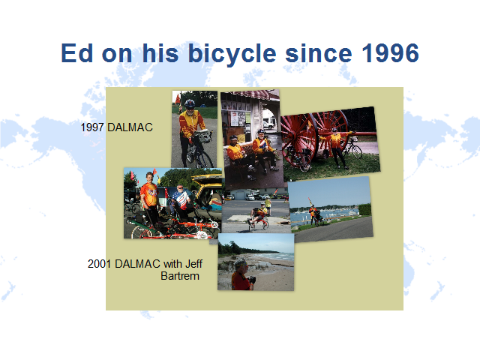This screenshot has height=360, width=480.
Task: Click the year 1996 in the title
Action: coord(390,53)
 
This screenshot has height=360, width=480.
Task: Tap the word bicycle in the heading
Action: coord(232,54)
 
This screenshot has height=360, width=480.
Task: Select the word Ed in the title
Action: coord(76,53)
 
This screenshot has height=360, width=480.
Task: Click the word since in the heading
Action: coord(319,53)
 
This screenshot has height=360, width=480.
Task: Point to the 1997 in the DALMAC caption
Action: coord(92,127)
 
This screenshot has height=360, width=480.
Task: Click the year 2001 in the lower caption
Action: coord(99,263)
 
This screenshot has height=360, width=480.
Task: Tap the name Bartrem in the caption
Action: coord(180,276)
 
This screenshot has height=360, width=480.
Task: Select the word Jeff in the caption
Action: coord(193,263)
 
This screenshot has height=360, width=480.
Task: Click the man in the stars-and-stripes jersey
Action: coord(181,202)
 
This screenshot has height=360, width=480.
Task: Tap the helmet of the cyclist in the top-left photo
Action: coord(190,103)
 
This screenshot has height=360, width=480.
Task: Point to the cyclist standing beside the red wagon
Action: coord(336,147)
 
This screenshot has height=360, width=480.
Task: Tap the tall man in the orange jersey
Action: coord(149,199)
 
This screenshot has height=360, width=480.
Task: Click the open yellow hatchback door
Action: coord(207,178)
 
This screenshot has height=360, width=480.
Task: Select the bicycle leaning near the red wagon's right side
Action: coord(352,148)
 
